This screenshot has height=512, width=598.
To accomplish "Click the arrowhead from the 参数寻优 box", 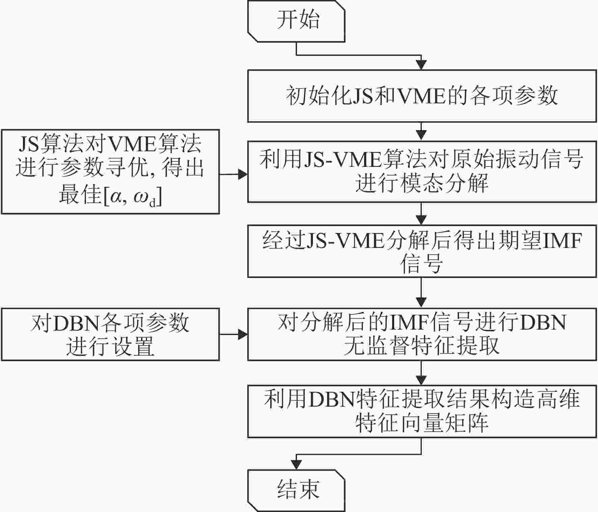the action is [x=243, y=175].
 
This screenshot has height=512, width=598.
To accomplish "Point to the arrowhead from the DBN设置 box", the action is [x=243, y=334].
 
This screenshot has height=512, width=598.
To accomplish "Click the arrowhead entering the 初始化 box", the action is [x=421, y=65].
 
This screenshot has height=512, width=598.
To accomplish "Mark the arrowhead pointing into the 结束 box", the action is [x=296, y=465].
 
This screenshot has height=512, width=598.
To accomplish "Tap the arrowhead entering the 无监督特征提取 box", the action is [x=421, y=303].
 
